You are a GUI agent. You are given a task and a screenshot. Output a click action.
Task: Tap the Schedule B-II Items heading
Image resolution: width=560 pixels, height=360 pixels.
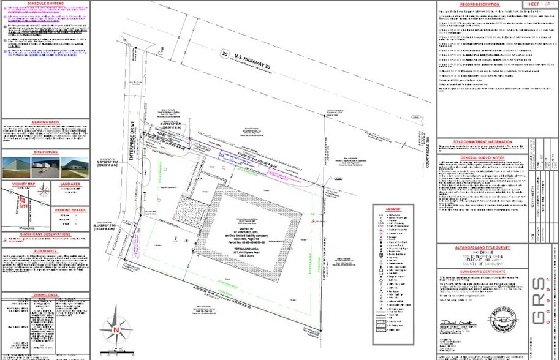pos(46,4)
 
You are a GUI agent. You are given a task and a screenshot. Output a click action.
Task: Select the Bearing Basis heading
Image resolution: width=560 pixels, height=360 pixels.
pos(47,121)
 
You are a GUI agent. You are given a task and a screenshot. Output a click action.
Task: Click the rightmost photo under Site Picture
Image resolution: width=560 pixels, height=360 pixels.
pos(75,163)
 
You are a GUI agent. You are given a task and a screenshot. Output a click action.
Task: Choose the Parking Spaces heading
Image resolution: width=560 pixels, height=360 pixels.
pos(72,210)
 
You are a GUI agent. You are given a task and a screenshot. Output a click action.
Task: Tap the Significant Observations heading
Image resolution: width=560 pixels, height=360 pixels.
pos(47,234)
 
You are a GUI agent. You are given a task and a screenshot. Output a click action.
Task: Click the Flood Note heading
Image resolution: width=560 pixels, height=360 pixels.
pos(47,250)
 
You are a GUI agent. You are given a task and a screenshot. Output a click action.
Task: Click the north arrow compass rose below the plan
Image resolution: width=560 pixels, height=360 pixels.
pos(116,328)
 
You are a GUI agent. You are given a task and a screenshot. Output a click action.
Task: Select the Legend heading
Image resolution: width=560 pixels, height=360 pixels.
pos(392,209)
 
